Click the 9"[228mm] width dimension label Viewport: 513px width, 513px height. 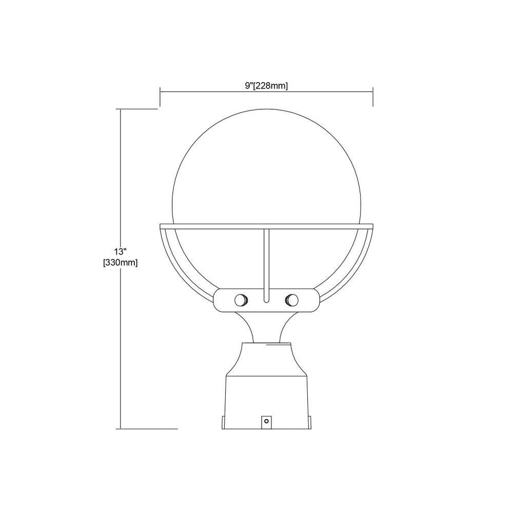pyautogui.click(x=266, y=86)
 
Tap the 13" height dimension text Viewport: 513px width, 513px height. pyautogui.click(x=120, y=251)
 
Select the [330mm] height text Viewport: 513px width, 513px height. pyautogui.click(x=121, y=262)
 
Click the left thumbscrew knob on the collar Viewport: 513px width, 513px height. pyautogui.click(x=242, y=300)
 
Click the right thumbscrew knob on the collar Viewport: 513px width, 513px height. pyautogui.click(x=291, y=300)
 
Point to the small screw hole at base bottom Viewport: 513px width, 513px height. pyautogui.click(x=266, y=421)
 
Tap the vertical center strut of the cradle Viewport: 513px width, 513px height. pyautogui.click(x=266, y=265)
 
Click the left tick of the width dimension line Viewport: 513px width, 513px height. pyautogui.click(x=160, y=97)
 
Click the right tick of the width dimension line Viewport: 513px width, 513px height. pyautogui.click(x=373, y=97)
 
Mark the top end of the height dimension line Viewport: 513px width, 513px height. pyautogui.click(x=121, y=109)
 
